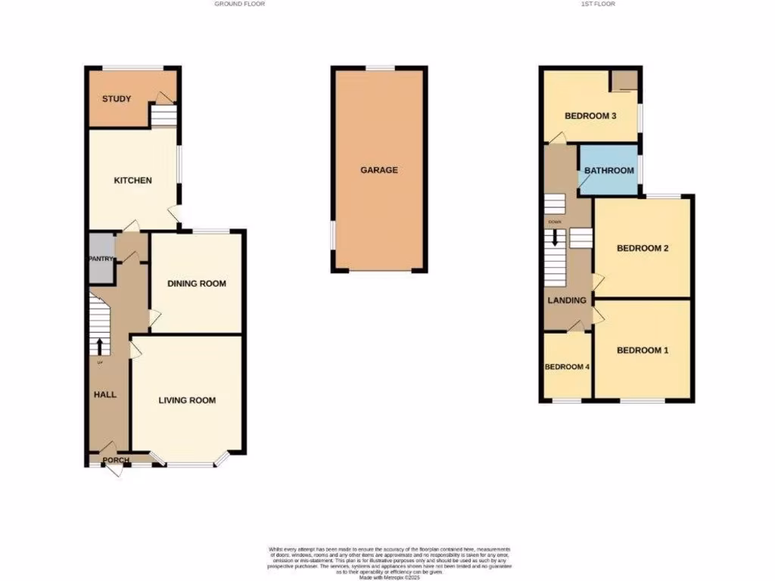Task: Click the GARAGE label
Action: [378, 170]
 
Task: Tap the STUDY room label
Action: [117, 99]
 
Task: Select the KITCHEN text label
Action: [133, 181]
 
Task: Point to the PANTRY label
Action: [101, 259]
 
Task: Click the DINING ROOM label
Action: [197, 284]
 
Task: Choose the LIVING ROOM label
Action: [187, 400]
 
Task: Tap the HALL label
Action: [104, 394]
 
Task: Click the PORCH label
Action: [117, 460]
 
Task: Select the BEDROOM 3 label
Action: [590, 116]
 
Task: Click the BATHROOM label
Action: [608, 170]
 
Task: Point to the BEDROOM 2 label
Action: [643, 248]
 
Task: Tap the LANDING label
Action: [567, 300]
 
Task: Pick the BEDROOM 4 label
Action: [567, 367]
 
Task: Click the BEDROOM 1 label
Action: [643, 350]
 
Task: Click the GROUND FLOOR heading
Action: [239, 4]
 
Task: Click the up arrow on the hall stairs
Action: [99, 345]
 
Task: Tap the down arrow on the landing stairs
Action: [556, 238]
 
